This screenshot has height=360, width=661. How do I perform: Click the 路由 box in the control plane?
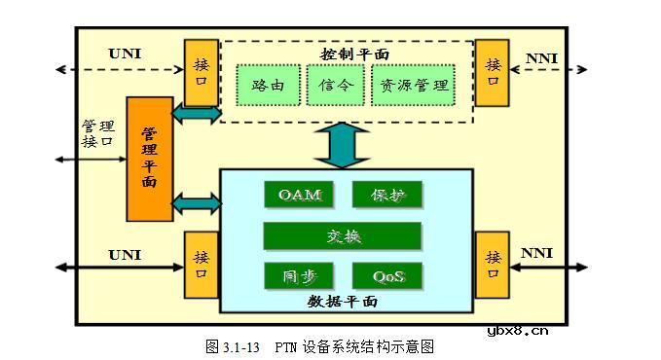point(269,86)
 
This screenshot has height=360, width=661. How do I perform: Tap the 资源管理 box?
point(413,86)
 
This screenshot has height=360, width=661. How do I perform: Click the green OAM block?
point(299,195)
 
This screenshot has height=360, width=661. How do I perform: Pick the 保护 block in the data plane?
point(386,195)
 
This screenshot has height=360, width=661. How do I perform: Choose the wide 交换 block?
point(342,235)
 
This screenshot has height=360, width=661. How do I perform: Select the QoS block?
point(386,276)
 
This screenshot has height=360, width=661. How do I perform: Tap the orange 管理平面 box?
point(149,159)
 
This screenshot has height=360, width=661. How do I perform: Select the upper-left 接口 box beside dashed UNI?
point(202,72)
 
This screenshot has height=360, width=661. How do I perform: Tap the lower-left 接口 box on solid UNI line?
point(202,266)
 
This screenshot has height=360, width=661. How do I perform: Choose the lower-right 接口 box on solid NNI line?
point(493,265)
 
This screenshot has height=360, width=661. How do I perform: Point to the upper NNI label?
point(540,59)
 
